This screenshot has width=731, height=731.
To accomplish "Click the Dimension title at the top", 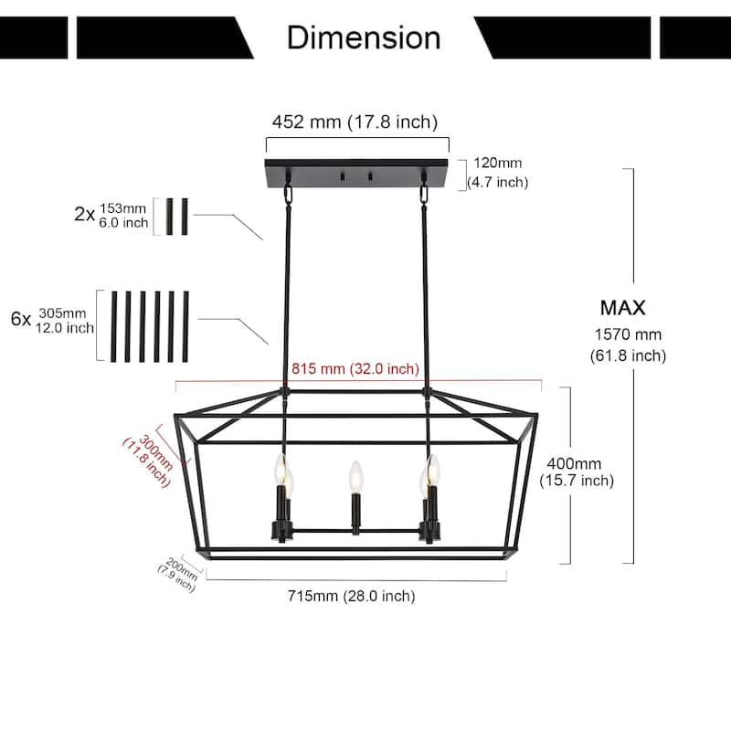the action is coord(364,37).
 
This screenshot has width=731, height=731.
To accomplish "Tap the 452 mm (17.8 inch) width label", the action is coord(355,122).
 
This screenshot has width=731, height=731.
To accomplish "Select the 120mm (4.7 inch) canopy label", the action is coord(498,173).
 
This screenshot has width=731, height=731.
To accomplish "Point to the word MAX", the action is coord(623,308).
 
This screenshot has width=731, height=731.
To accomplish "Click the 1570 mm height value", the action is coord(628,334).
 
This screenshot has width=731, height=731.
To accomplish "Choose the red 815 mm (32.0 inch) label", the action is coord(355,369).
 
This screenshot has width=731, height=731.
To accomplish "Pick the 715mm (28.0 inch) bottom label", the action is coord(352,596).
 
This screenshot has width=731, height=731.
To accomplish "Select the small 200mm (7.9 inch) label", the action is coord(177,575).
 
